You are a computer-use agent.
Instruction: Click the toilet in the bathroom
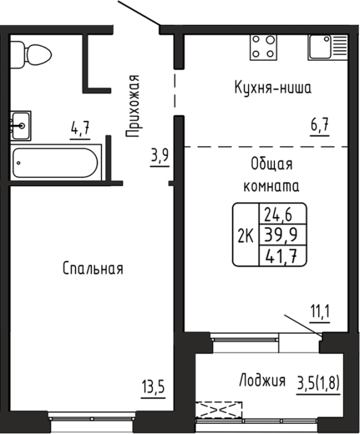click(x=30, y=54)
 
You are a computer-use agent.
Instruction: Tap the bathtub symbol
click(x=55, y=163)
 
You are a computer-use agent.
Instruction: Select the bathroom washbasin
click(x=20, y=126)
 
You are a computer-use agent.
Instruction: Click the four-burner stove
click(x=264, y=47)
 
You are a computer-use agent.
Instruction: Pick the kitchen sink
click(x=328, y=47)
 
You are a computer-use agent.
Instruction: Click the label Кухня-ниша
click(x=273, y=87)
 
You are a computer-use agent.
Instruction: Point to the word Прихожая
click(x=132, y=106)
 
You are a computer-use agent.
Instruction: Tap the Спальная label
click(x=93, y=269)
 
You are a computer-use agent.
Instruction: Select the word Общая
click(x=271, y=164)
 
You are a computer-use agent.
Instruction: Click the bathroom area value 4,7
click(x=80, y=128)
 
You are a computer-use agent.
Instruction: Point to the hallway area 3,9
click(x=160, y=156)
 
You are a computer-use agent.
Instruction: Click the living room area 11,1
click(x=320, y=312)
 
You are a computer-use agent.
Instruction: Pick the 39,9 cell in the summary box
click(x=281, y=234)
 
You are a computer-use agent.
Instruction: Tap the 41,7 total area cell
click(x=281, y=257)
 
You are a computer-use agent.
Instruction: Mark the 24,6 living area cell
click(x=278, y=215)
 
